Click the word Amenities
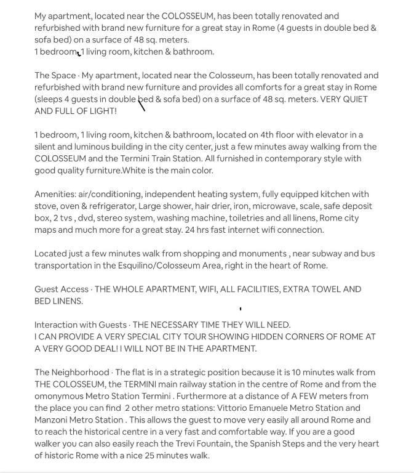[x=54, y=194]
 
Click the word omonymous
[x=58, y=396]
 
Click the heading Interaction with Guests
[x=81, y=325]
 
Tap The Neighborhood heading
[x=71, y=372]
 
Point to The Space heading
[x=55, y=76]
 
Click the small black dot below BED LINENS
[x=241, y=309]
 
